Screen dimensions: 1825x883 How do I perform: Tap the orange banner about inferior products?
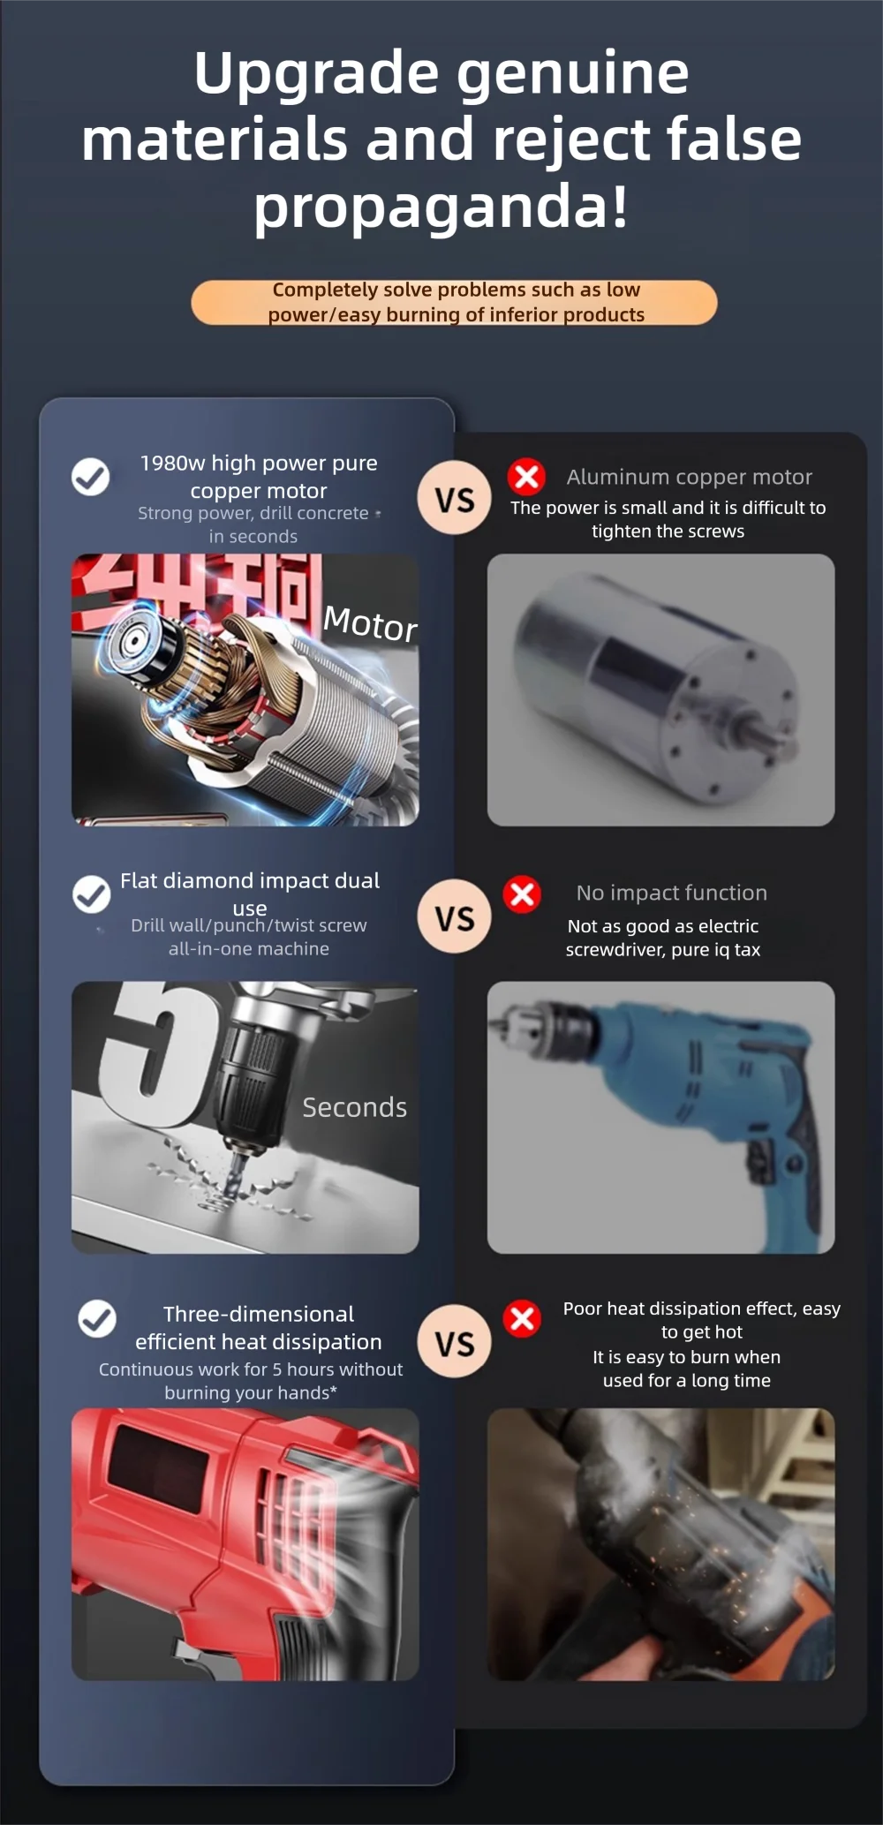pos(454,302)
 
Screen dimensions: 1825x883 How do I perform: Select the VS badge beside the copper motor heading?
pos(455,500)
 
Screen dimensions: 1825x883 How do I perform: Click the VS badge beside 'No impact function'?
pos(455,918)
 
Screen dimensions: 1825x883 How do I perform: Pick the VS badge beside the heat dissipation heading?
pos(455,1343)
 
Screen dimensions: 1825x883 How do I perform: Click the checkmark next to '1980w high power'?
pos(90,477)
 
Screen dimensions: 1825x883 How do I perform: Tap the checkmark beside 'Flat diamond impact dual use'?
pos(91,894)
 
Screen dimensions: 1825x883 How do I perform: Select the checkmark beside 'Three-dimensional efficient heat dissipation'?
pos(97,1319)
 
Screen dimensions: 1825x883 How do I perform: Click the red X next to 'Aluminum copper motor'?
pos(526,477)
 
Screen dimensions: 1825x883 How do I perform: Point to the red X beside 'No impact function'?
pos(522,894)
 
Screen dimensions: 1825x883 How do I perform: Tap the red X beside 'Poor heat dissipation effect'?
pos(522,1319)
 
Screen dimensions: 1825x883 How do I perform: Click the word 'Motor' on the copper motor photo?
pos(370,623)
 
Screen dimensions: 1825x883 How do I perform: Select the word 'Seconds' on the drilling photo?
pos(354,1107)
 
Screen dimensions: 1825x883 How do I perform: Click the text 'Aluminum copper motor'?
pos(689,477)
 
